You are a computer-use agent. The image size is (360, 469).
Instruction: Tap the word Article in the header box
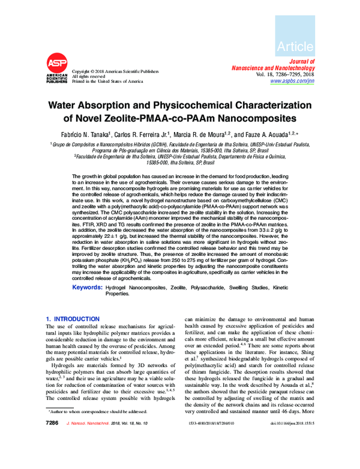tap(296, 46)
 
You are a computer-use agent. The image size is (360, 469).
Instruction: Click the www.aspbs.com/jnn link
tap(292, 80)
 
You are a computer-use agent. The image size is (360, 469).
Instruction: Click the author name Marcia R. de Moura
tap(202, 135)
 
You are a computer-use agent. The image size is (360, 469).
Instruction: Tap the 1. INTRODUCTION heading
tap(73, 318)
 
